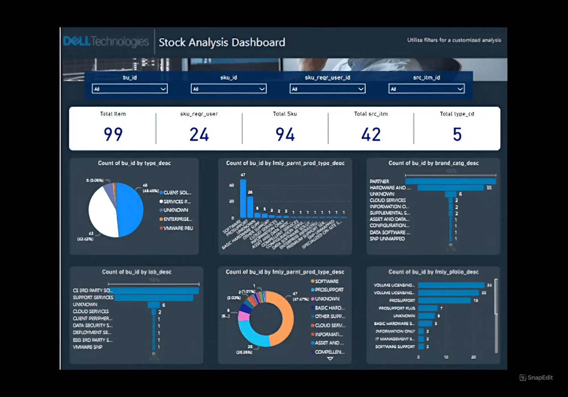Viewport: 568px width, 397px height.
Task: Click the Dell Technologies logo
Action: click(x=106, y=41)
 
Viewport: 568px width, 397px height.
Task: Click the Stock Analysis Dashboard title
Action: click(x=222, y=43)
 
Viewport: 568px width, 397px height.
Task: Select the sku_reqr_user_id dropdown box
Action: click(x=327, y=89)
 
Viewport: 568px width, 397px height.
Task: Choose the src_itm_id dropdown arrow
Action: click(x=460, y=89)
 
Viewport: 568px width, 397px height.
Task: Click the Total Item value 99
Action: click(x=113, y=134)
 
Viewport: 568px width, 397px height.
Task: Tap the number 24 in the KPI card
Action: click(x=199, y=134)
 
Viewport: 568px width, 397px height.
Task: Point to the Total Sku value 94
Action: click(x=285, y=134)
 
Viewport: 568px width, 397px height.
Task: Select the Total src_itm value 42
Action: click(x=371, y=134)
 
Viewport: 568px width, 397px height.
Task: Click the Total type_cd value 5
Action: click(x=457, y=134)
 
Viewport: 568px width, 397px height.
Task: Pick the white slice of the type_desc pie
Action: click(x=101, y=213)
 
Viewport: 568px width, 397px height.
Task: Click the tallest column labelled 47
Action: click(x=243, y=198)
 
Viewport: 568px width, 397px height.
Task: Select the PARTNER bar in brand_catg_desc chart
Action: click(x=450, y=181)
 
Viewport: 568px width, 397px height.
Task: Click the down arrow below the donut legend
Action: click(x=330, y=359)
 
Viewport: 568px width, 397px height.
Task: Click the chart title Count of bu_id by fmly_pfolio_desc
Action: click(x=433, y=272)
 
